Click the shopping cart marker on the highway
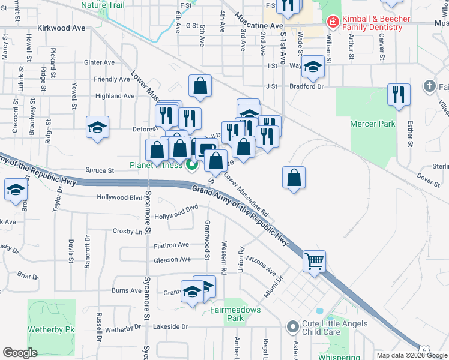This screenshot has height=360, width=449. click(x=314, y=262)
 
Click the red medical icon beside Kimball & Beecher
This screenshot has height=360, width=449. click(x=332, y=22)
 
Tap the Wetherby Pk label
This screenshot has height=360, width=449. click(x=50, y=329)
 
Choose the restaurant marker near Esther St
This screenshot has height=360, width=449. click(x=399, y=95)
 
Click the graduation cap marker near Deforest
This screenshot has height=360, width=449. click(x=97, y=127)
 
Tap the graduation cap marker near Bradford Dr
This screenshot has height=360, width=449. click(x=313, y=67)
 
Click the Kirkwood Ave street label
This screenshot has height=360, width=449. click(x=61, y=28)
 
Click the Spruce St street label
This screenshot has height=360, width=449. click(x=99, y=170)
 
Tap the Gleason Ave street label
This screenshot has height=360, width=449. click(x=172, y=259)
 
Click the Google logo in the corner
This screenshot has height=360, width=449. click(x=20, y=353)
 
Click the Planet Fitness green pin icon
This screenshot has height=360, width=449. click(x=192, y=166)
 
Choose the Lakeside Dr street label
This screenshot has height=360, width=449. click(x=170, y=326)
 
